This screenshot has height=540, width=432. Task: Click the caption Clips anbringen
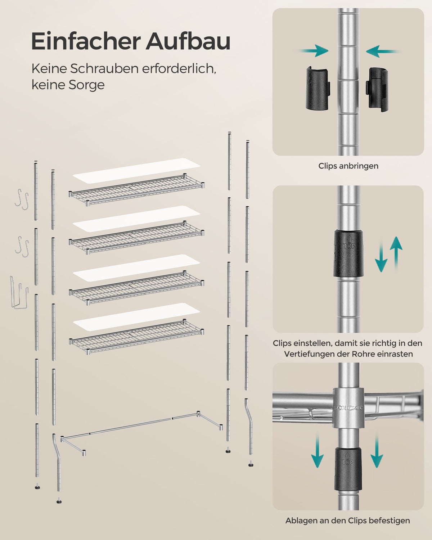click(348, 166)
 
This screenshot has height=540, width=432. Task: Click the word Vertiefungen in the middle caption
click(316, 354)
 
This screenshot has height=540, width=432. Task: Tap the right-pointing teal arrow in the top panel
click(313, 51)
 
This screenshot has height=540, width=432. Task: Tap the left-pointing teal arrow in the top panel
click(383, 51)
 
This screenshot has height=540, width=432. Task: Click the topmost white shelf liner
click(136, 170)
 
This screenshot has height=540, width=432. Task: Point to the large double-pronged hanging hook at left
click(19, 293)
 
